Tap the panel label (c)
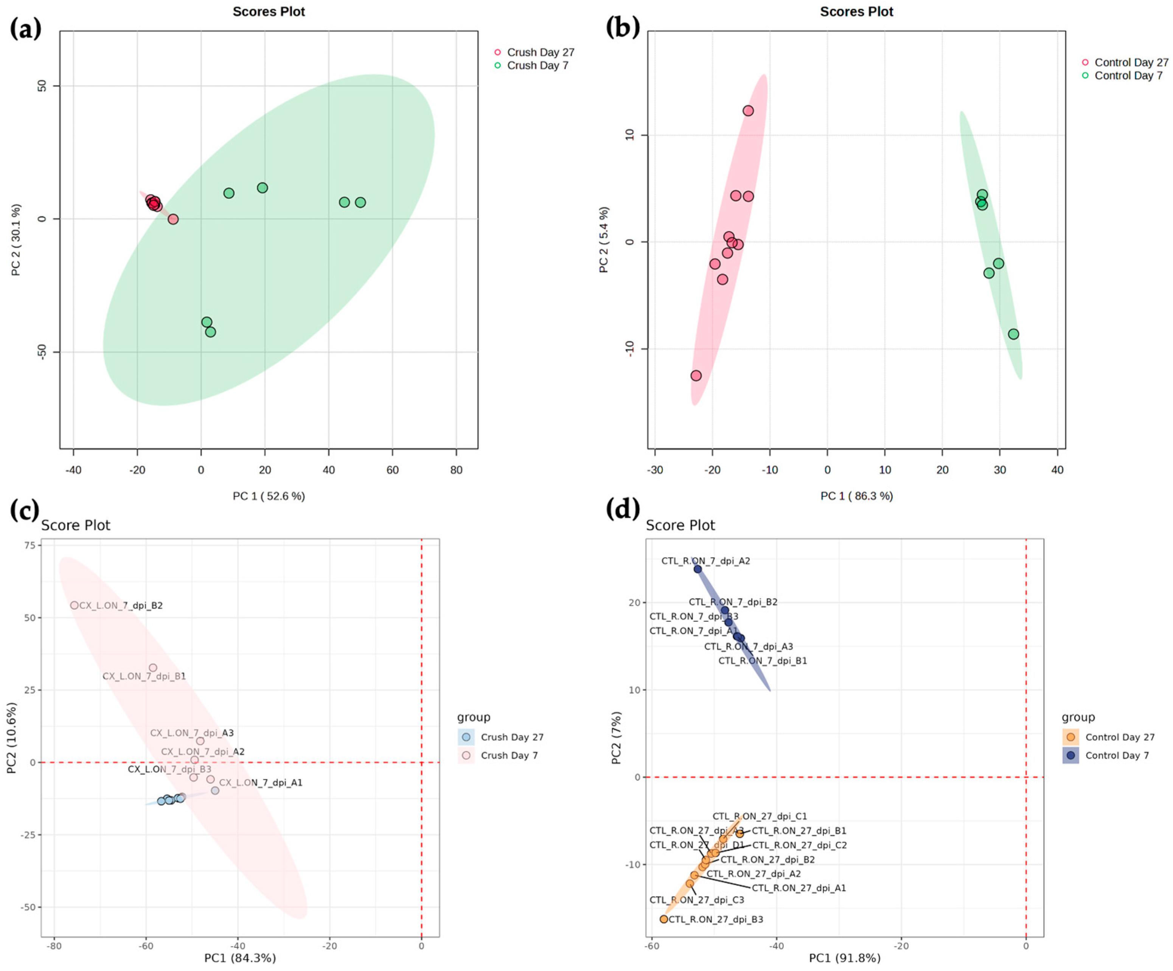coord(25,510)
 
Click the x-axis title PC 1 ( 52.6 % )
coord(269,496)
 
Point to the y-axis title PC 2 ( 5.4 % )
coord(603,240)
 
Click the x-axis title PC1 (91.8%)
coord(845,958)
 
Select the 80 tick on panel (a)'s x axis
coord(456,470)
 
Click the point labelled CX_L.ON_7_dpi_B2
coord(74,605)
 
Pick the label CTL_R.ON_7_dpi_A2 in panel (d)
coord(705,561)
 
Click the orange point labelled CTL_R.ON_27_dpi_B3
coord(663,919)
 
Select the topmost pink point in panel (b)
coord(748,110)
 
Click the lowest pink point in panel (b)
coord(696,376)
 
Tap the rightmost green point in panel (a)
coord(360,202)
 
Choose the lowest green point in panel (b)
coord(1013,334)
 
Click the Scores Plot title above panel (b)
coord(856,12)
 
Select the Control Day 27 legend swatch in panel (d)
coord(1070,737)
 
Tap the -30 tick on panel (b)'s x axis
coord(655,470)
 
